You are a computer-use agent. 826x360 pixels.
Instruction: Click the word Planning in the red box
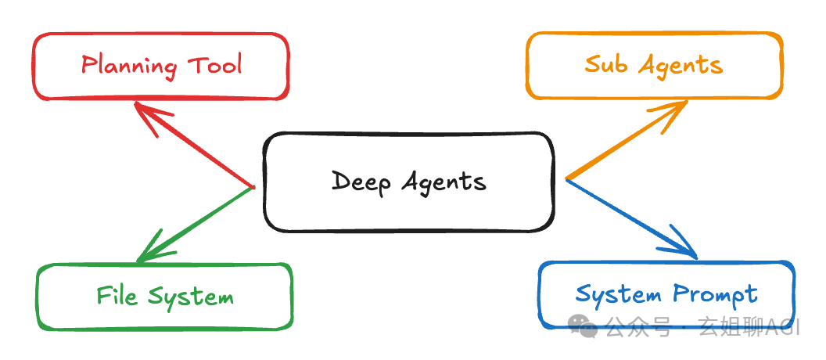click(128, 67)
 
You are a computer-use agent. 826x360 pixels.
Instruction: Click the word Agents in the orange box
click(681, 67)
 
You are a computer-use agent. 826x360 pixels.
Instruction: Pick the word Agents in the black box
click(444, 183)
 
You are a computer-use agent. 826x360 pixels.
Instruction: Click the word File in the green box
click(117, 294)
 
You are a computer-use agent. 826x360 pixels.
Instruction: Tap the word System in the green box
click(191, 297)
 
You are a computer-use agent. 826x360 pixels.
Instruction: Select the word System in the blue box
click(618, 295)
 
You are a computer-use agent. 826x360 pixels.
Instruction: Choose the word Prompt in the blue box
click(716, 295)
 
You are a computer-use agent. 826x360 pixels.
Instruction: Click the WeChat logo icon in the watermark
click(583, 327)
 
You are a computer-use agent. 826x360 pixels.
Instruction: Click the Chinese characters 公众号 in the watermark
click(638, 327)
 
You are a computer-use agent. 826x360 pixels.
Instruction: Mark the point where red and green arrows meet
click(253, 187)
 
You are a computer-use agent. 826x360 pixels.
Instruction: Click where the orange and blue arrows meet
click(566, 178)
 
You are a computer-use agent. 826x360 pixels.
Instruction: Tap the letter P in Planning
click(88, 65)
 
